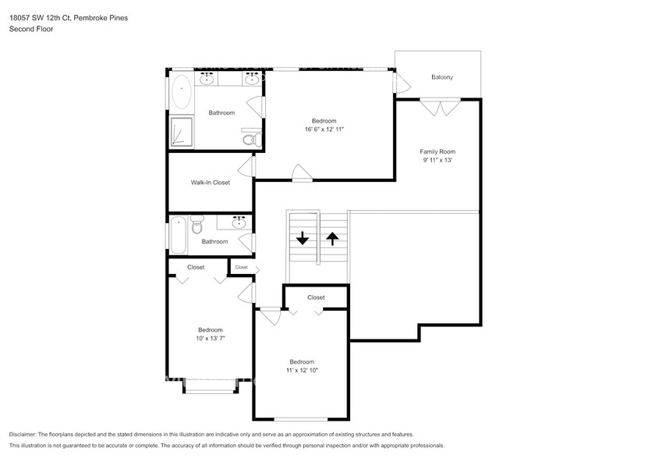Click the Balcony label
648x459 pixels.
[442, 77]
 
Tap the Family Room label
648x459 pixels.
[437, 151]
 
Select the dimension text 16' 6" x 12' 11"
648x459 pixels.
[324, 129]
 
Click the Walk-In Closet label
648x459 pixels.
[211, 183]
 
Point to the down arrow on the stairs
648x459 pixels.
[303, 239]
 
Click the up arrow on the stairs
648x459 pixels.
[332, 239]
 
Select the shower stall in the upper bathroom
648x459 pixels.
[182, 132]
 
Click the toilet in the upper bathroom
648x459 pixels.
[250, 139]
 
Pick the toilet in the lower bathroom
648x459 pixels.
[197, 226]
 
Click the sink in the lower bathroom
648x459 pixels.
[239, 224]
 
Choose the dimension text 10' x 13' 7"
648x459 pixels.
[210, 339]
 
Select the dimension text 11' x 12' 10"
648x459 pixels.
[302, 371]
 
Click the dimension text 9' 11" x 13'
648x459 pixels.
[437, 161]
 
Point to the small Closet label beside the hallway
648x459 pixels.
[241, 267]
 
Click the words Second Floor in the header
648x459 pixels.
[32, 29]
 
